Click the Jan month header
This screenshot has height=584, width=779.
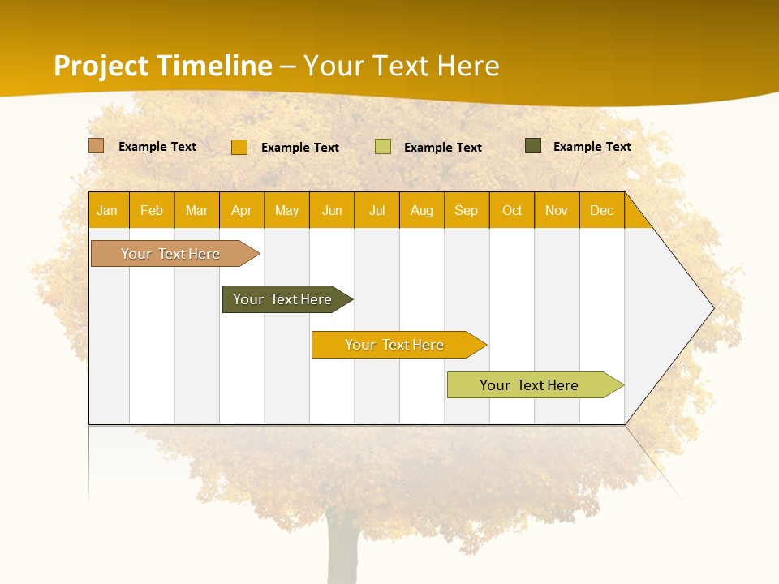108,210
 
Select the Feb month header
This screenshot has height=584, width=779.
152,210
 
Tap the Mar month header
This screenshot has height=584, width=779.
196,210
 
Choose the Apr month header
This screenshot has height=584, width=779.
242,210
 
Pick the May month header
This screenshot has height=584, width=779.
286,210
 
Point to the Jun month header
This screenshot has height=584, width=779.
332,210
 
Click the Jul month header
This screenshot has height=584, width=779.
377,210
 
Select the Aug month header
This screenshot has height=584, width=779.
422,210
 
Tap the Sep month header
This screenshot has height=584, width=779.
467,210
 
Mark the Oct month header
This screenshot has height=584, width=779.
512,210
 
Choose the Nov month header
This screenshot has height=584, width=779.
557,210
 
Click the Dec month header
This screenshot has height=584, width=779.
602,210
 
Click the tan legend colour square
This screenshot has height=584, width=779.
97,146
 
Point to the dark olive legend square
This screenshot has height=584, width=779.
533,146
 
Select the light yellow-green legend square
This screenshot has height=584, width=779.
383,147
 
